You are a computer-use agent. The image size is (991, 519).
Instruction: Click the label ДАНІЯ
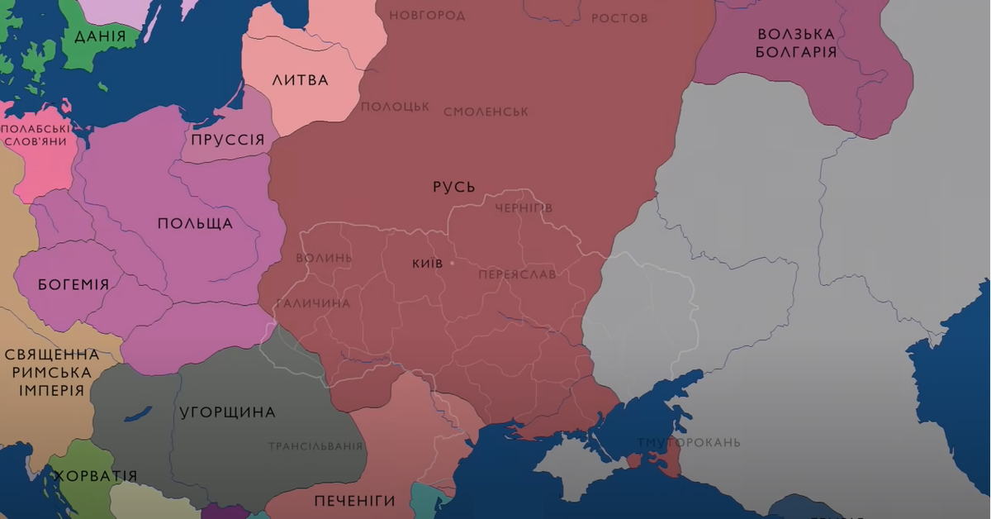tap(100, 36)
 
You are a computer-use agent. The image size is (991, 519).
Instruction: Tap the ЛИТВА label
tap(300, 80)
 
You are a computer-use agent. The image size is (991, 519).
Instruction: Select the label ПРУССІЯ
tap(227, 139)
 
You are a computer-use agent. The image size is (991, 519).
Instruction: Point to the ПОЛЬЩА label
tap(195, 224)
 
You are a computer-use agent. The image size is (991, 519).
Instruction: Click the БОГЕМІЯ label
tap(73, 284)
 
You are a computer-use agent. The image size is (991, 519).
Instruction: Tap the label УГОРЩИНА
tap(227, 412)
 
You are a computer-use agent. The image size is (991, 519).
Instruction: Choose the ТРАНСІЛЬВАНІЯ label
tap(315, 446)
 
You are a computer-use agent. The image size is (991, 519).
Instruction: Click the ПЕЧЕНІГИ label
tap(354, 501)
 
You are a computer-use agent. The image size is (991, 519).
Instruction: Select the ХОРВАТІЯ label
tap(95, 477)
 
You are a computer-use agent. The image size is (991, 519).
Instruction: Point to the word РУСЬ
tap(454, 187)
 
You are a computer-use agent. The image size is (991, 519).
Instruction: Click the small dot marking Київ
tap(452, 264)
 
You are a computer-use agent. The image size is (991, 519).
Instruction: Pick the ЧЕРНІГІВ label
tap(523, 208)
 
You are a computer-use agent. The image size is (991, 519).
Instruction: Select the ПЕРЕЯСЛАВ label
tap(517, 274)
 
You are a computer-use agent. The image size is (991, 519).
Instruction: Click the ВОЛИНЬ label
tap(324, 258)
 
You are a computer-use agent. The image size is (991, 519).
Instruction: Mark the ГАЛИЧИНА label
tap(313, 303)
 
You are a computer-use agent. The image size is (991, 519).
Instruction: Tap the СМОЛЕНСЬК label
tap(486, 112)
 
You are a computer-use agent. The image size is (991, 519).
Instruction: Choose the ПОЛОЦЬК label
tap(395, 107)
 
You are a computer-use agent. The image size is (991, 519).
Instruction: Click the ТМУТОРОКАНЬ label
tap(689, 442)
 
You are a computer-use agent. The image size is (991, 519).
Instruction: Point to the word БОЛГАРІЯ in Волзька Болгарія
tap(797, 52)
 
